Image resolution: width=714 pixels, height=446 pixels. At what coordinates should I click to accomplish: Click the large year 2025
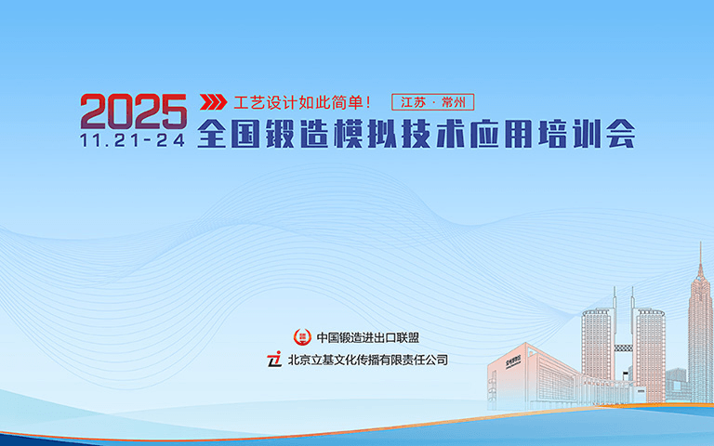(x=133, y=111)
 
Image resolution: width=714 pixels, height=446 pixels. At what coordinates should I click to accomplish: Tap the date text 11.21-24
(x=133, y=140)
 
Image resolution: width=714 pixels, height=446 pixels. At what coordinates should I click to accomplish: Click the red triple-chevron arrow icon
(x=214, y=101)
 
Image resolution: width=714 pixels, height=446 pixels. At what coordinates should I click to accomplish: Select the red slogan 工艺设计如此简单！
(x=302, y=101)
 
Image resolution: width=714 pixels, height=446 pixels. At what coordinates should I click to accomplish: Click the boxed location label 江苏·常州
(x=433, y=101)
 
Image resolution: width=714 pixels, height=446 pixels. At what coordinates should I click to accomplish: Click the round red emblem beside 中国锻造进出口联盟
(x=301, y=337)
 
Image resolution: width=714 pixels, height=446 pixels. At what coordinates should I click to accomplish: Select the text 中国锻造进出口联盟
(x=374, y=337)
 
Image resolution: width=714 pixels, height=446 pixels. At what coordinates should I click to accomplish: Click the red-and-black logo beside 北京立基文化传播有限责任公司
(x=274, y=359)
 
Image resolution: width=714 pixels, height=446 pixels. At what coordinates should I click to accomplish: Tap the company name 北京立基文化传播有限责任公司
(x=367, y=359)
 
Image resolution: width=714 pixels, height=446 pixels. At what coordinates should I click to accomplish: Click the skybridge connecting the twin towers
(x=624, y=348)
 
